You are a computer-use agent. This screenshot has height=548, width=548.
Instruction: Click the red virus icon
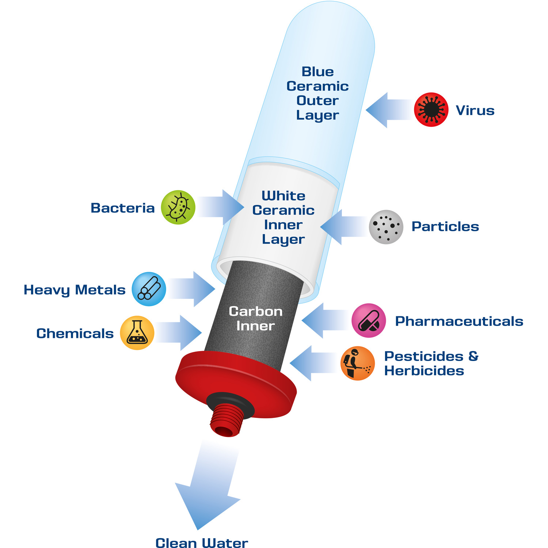(431, 110)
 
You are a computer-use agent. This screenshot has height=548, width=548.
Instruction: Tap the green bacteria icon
(178, 207)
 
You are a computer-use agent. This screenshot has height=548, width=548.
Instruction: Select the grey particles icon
(386, 227)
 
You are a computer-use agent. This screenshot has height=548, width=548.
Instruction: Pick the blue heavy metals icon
(149, 289)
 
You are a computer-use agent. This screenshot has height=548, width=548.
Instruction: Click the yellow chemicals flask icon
(137, 333)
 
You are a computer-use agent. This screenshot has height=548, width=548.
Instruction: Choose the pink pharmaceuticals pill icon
(369, 320)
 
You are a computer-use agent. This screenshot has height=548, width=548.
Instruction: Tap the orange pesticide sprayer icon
(358, 363)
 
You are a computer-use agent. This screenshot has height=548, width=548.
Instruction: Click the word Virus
(475, 110)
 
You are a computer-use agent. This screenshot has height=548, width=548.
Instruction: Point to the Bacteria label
(123, 208)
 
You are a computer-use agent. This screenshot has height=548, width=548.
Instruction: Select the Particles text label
(445, 227)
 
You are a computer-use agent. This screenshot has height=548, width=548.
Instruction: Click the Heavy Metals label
(75, 290)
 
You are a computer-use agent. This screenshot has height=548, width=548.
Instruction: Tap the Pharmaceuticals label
(459, 321)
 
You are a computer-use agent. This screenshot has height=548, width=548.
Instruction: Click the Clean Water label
(202, 543)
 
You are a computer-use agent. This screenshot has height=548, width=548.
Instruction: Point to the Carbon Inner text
(256, 319)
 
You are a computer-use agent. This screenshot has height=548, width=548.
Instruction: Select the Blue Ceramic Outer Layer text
(318, 93)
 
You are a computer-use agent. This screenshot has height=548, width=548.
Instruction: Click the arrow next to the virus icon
(389, 110)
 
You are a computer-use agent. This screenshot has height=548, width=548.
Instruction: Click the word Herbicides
(424, 371)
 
